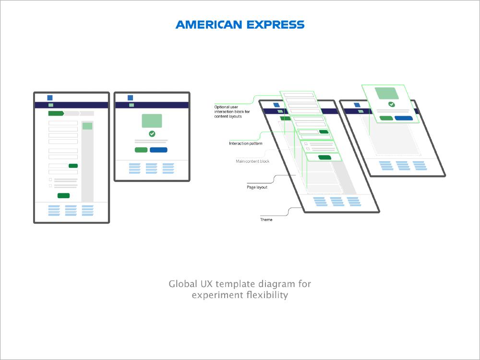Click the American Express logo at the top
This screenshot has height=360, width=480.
[x=240, y=24]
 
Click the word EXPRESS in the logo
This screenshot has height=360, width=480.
[x=276, y=24]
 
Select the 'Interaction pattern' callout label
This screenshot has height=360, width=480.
[x=245, y=143]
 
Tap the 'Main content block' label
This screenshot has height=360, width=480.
[x=252, y=161]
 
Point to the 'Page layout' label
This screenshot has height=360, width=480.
[x=257, y=187]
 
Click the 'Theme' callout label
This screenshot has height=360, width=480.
[x=266, y=219]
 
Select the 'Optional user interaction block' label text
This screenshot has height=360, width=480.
[x=232, y=111]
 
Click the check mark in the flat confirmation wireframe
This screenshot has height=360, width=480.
[x=152, y=134]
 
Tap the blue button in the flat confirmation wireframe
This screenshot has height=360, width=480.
[x=158, y=150]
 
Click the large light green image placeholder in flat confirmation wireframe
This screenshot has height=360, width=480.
[x=152, y=120]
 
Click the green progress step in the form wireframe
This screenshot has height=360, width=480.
[x=56, y=114]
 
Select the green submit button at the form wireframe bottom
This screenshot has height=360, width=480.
[x=64, y=196]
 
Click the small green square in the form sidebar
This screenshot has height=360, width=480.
[x=87, y=126]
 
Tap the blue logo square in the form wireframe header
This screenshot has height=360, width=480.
[x=50, y=97]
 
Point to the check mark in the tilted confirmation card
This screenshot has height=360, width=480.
[x=392, y=104]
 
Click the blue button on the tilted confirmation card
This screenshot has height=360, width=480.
[x=404, y=119]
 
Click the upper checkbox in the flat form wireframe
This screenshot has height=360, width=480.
[x=50, y=180]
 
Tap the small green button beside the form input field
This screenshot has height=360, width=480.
[x=73, y=166]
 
